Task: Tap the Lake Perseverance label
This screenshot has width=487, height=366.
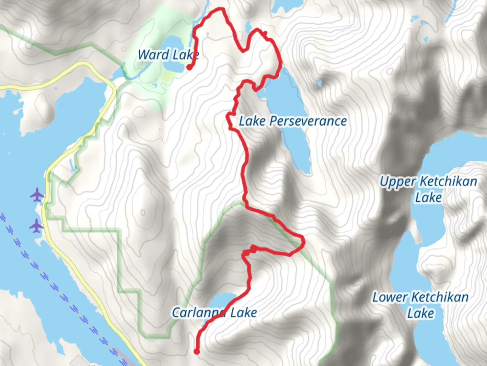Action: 293,121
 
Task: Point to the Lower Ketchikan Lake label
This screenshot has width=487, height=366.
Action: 420,305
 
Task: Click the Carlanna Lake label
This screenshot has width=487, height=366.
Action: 214,312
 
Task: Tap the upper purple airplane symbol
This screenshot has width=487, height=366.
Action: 37,196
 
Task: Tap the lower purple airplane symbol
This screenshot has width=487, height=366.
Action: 36,226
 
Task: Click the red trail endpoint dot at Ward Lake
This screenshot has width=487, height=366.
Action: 189,67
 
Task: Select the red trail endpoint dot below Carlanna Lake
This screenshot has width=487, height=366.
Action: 196,351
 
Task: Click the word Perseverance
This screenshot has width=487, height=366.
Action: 308,121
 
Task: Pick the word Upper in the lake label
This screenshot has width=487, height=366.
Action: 398,182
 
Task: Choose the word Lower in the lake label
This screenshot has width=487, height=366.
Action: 390,298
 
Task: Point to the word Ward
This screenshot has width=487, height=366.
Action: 154,55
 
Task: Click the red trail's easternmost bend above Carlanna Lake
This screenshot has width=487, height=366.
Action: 304,242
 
